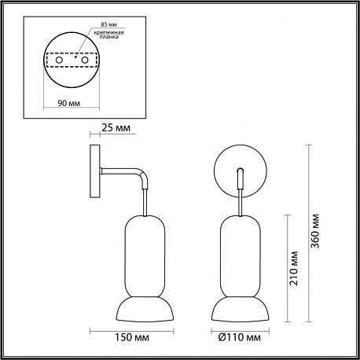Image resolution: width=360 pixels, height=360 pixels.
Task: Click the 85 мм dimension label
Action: point(108,24)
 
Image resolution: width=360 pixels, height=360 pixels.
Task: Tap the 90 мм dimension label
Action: point(69,103)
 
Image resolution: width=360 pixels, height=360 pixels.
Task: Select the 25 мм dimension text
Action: point(116,128)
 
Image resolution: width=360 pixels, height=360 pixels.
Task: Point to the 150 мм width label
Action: point(132,337)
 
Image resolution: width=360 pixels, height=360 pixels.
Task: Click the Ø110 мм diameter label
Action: point(240,337)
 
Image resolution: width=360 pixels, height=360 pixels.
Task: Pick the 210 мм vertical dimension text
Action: point(294,268)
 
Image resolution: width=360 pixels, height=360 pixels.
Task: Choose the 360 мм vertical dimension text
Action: point(315,231)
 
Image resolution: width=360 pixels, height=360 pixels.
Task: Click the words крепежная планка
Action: point(109,35)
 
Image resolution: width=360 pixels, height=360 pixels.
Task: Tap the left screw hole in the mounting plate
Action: point(59,60)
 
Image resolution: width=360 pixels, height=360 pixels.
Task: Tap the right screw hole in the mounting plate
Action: point(84,60)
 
